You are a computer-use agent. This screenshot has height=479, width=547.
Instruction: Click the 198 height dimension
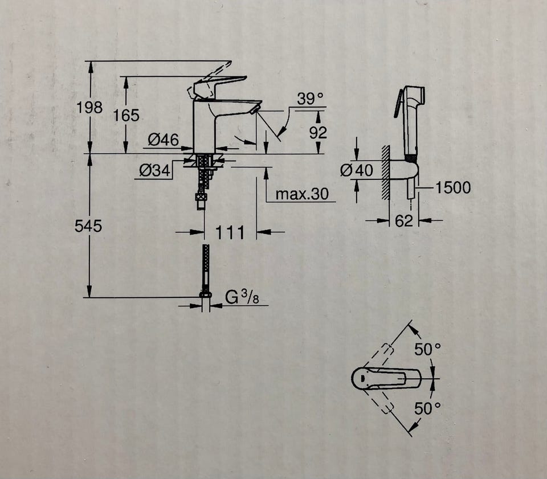(x=90, y=107)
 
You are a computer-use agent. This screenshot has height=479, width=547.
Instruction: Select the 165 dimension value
(x=126, y=115)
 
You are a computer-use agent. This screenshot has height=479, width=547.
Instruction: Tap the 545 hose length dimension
(x=88, y=226)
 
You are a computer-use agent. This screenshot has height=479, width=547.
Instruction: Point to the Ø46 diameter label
(x=163, y=140)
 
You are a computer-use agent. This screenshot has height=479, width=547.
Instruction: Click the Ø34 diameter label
(x=156, y=170)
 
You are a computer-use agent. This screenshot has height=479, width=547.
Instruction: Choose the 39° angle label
(x=309, y=99)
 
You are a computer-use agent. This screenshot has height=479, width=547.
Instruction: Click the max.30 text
(x=302, y=194)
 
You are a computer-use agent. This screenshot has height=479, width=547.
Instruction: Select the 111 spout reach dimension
(x=230, y=232)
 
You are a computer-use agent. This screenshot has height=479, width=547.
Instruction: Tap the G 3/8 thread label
(x=239, y=297)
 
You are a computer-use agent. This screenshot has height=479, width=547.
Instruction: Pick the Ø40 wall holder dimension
(x=356, y=170)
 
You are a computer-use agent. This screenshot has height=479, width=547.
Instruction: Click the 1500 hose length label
(x=453, y=187)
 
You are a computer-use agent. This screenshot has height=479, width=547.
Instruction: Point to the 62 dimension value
(x=403, y=221)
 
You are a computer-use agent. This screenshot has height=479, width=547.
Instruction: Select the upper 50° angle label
(x=427, y=350)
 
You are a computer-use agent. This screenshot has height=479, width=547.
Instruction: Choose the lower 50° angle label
(x=427, y=408)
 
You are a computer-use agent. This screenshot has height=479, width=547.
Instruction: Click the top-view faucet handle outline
(x=387, y=377)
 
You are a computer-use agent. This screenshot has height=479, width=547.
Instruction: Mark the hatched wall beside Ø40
(x=386, y=171)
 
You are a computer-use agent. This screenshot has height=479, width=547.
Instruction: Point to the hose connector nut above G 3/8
(x=205, y=294)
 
